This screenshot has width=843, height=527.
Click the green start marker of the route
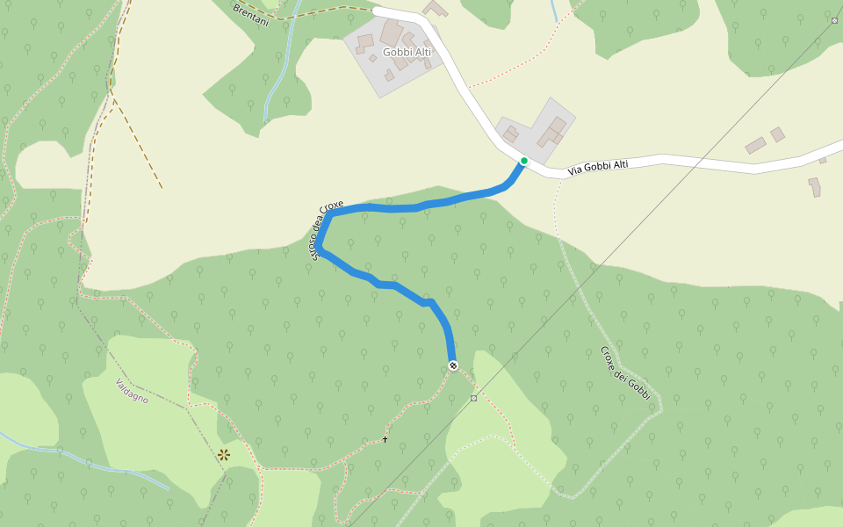[523, 161]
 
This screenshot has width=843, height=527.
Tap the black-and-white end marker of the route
[452, 365]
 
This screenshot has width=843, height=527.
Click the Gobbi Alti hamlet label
[407, 53]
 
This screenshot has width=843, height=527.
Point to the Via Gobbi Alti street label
[598, 167]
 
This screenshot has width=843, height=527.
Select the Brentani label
[251, 14]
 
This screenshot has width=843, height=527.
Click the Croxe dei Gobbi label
[625, 372]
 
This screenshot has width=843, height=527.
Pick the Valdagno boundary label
[132, 391]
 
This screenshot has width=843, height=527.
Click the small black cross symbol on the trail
[385, 439]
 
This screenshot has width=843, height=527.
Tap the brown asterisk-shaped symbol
[224, 454]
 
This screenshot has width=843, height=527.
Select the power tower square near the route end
[474, 398]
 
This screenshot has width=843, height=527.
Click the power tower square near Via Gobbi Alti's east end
[833, 19]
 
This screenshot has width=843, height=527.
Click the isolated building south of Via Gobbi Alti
[814, 187]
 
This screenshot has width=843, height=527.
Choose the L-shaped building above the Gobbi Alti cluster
[435, 9]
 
